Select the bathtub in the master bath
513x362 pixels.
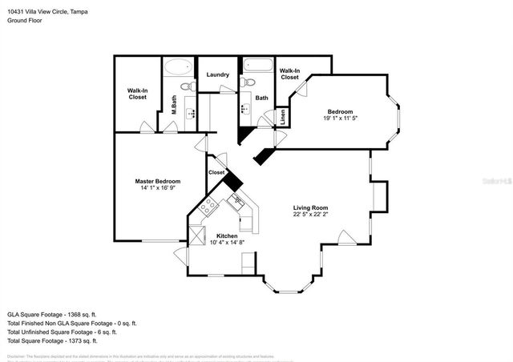click(x=178, y=67)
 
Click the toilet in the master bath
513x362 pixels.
click(x=186, y=86)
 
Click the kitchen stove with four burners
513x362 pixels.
click(x=208, y=207)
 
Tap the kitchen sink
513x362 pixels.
click(x=238, y=201)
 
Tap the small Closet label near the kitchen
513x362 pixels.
click(x=216, y=172)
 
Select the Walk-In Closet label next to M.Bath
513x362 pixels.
click(x=136, y=94)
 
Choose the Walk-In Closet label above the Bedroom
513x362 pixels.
click(x=289, y=74)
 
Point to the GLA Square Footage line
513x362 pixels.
click(x=51, y=315)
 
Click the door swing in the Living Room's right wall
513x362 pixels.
click(x=345, y=239)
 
